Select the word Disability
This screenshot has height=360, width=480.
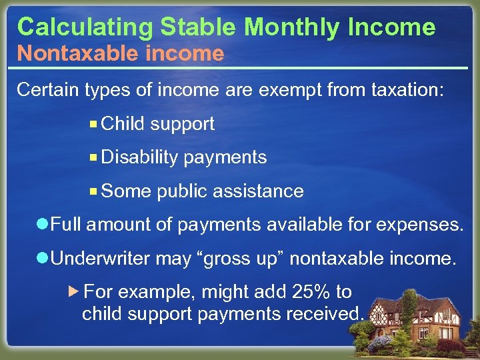[x=140, y=157]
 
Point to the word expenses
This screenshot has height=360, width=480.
[x=419, y=225]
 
